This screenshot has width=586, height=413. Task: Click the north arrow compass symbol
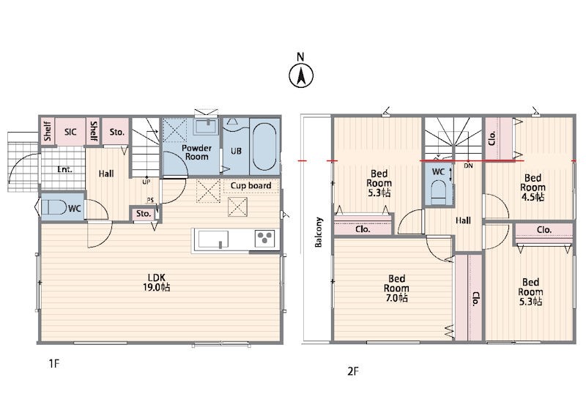[301, 75]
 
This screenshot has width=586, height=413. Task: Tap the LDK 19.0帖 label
[156, 282]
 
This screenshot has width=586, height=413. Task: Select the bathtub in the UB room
[264, 147]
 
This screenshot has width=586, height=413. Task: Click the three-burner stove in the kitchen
[265, 238]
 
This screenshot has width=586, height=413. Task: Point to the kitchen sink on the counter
[213, 239]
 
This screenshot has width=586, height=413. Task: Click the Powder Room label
[196, 152]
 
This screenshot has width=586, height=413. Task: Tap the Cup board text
[251, 185]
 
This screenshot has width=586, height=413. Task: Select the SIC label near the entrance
[70, 132]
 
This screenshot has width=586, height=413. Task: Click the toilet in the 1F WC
[53, 207]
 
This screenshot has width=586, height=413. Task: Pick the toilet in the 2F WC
[438, 191]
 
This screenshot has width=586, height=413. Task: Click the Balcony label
[319, 232]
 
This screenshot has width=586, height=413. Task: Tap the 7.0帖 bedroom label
[396, 289]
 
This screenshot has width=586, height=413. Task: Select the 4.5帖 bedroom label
[533, 187]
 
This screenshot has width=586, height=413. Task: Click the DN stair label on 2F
[468, 165]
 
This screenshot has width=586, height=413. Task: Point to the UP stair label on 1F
[146, 182]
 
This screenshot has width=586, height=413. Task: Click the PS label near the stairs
[150, 201]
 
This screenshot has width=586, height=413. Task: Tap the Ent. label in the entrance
[64, 169]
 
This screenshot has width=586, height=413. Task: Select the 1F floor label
[53, 363]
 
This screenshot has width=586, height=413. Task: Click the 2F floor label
[353, 371]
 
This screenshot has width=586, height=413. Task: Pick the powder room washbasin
[206, 127]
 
